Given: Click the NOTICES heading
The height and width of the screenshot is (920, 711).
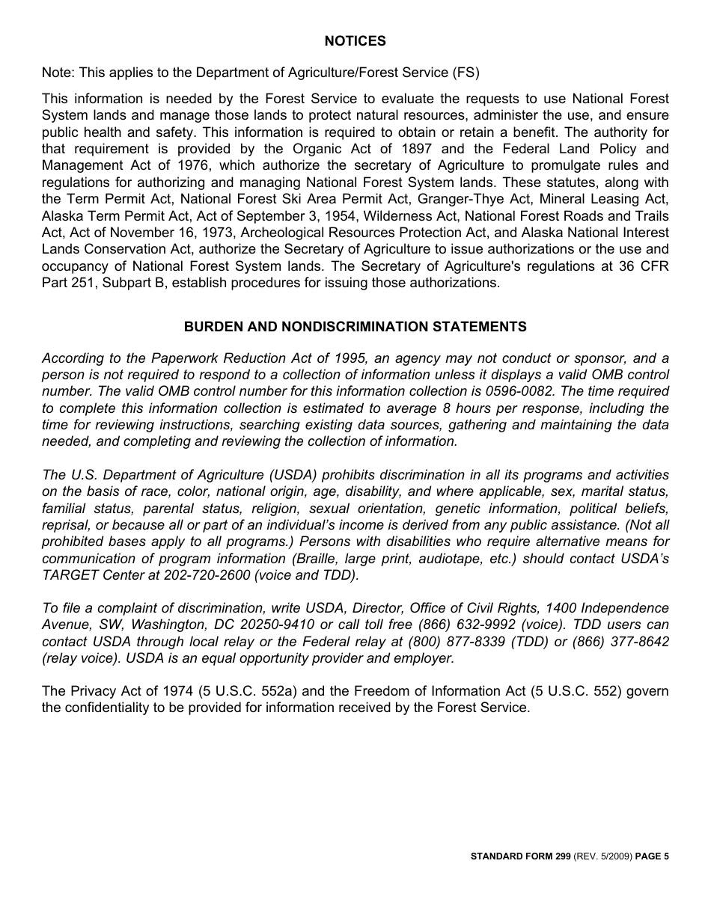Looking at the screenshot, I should pos(355,41).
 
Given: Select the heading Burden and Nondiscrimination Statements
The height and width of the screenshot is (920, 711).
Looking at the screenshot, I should pos(355,327).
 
